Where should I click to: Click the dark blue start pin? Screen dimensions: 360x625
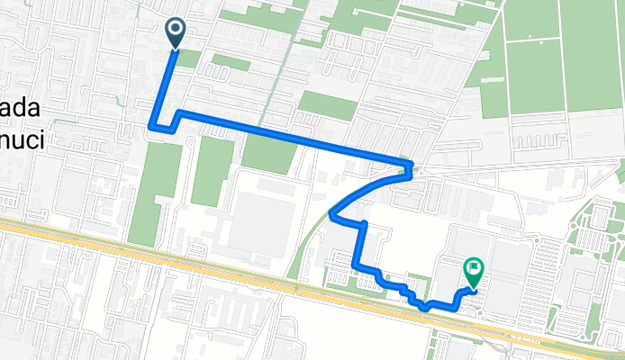tap(173, 32)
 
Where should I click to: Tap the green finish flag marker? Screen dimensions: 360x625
tap(473, 269)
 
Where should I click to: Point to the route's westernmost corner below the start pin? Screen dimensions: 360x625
tap(151, 127)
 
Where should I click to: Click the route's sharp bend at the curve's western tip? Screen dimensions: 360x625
tap(333, 214)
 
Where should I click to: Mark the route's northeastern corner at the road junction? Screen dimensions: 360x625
tap(411, 166)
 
